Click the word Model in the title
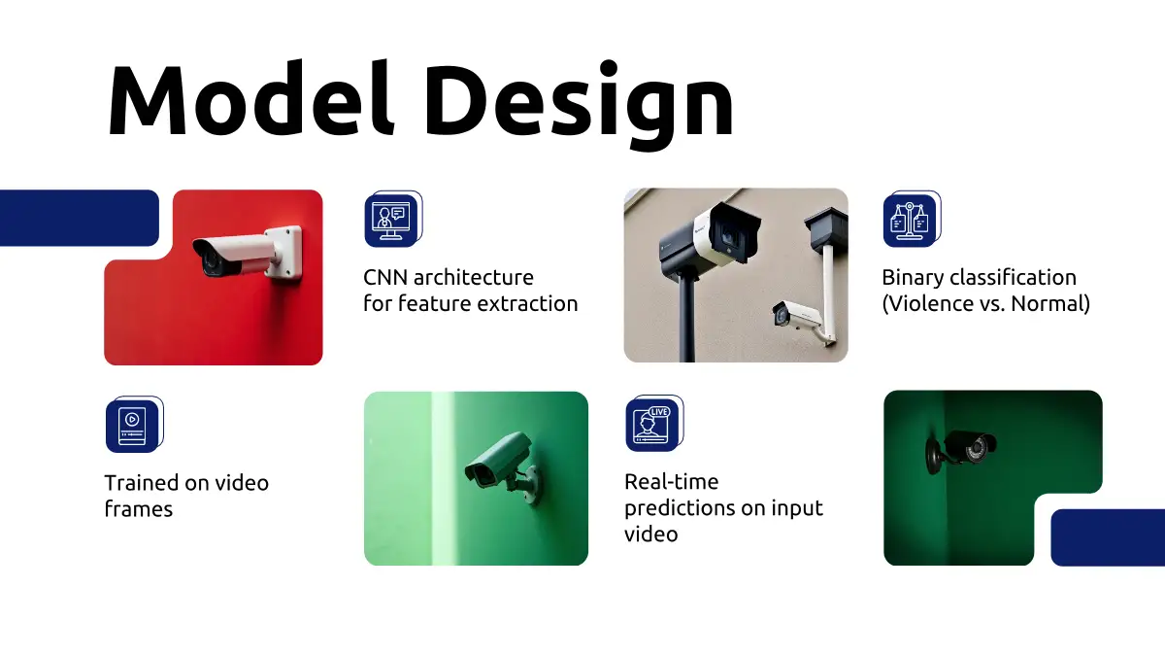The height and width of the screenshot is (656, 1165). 250,98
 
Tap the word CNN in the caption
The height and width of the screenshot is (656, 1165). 384,278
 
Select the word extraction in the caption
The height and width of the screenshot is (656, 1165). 527,303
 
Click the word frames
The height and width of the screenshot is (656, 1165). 138,509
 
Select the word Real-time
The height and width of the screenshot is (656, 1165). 672,482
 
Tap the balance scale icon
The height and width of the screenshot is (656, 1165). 912,219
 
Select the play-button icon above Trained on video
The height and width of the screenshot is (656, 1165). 134,425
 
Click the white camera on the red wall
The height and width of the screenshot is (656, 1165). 247,254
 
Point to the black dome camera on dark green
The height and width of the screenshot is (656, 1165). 959,451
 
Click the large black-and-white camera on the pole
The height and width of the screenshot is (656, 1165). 710,239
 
